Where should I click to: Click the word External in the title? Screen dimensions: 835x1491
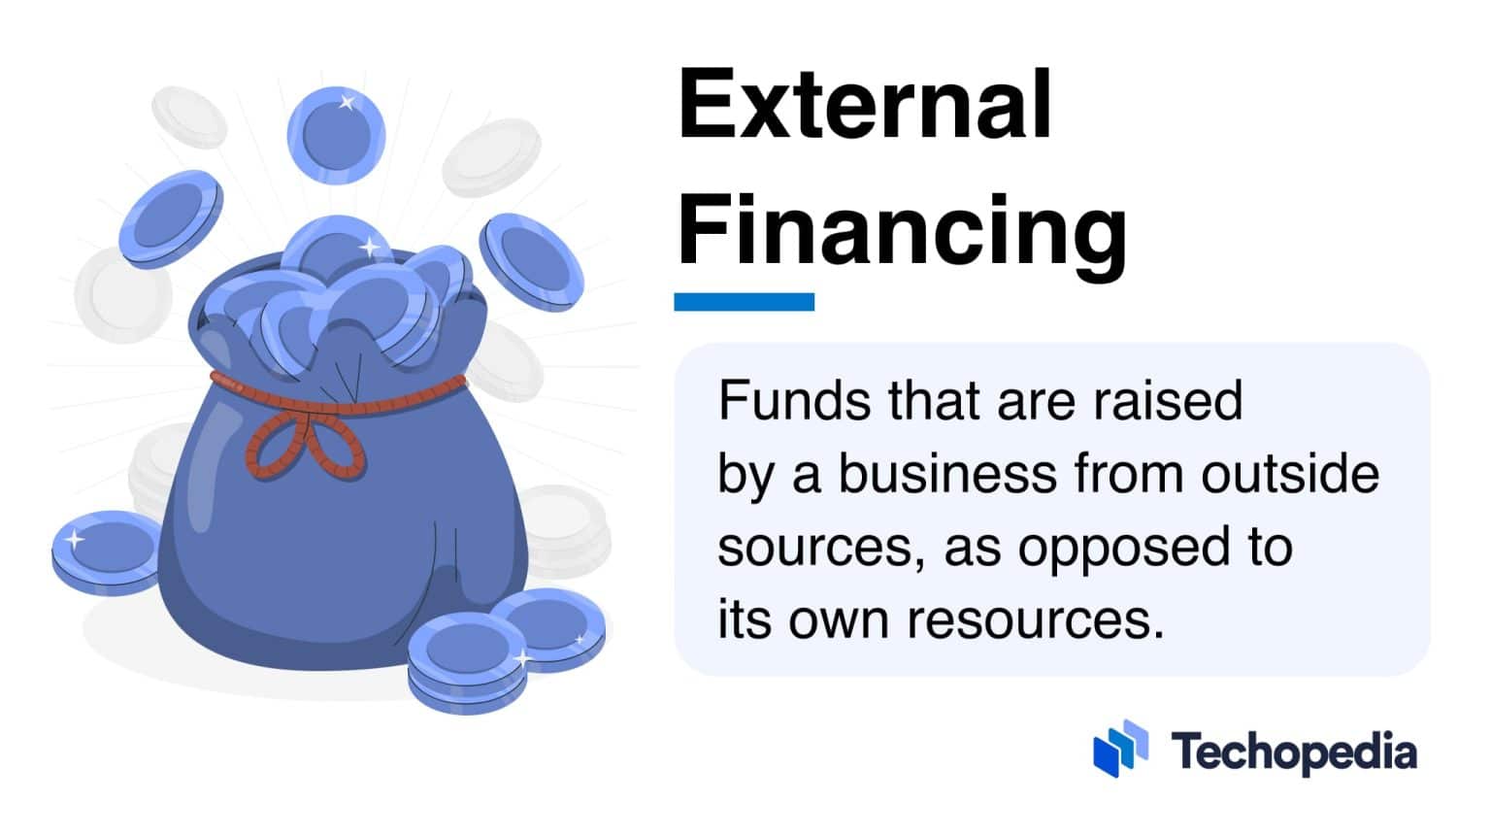point(865,105)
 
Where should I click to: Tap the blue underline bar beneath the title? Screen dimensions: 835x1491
point(744,302)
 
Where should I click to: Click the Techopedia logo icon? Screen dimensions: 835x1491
point(1120,749)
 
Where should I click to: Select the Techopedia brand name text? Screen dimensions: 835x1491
point(1293,751)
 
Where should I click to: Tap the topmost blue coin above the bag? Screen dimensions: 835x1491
point(336,136)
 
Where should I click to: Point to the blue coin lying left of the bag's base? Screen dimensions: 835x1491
point(105,551)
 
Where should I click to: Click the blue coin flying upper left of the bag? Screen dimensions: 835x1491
point(172,218)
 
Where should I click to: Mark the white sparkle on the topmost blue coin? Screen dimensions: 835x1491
point(346,102)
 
